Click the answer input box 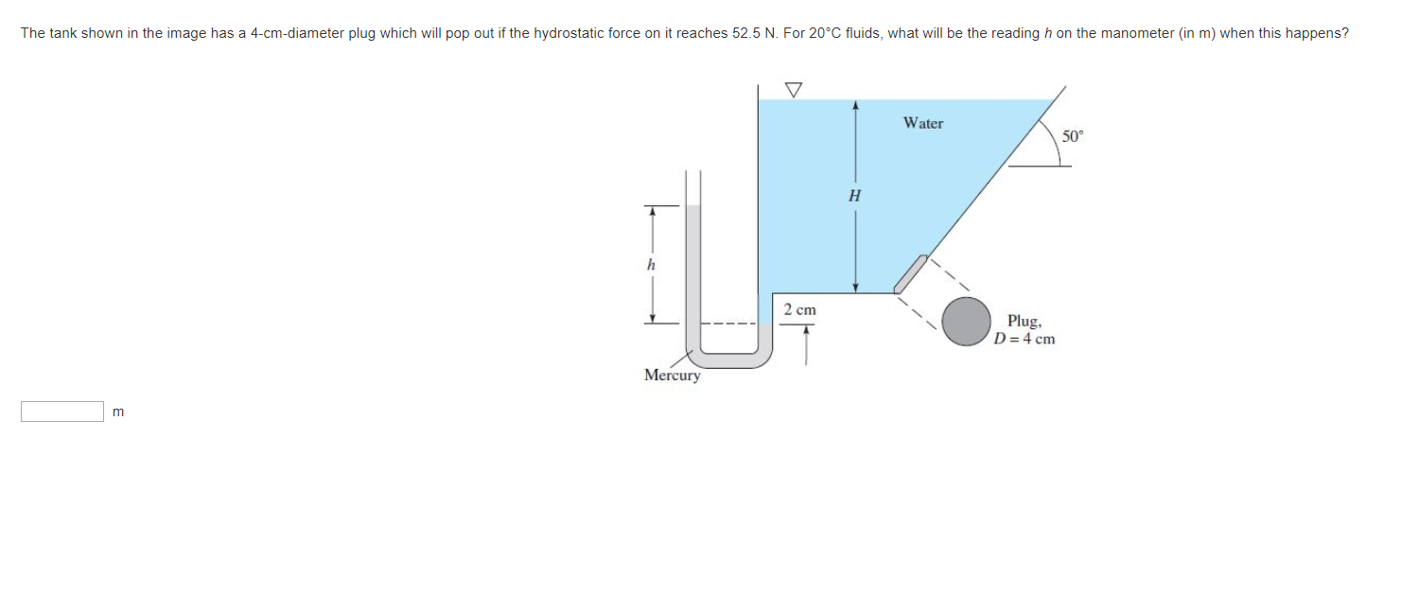click(x=62, y=412)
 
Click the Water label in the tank click(x=922, y=123)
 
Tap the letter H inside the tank click(x=855, y=197)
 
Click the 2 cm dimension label click(x=799, y=309)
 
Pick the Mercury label click(x=672, y=376)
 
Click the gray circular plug click(x=966, y=322)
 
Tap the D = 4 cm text click(x=1025, y=339)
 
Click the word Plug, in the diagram click(x=1025, y=321)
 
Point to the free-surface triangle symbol click(x=793, y=89)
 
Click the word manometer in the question click(x=1126, y=33)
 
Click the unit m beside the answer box click(x=118, y=412)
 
